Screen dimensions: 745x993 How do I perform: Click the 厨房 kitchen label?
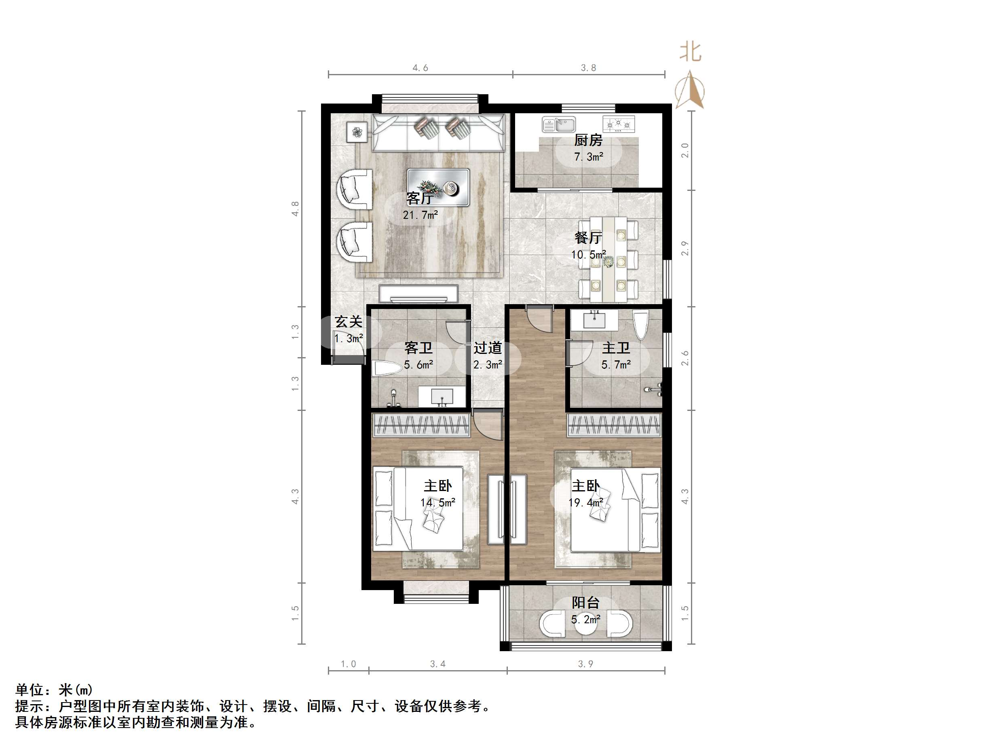588,141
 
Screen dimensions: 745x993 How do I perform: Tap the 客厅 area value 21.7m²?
420,215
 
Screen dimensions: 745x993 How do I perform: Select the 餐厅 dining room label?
588,237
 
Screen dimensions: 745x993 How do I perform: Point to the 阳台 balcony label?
585,603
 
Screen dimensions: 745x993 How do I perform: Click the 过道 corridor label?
488,348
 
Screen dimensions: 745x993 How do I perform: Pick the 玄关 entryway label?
349,322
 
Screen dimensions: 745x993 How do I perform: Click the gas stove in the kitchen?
619,123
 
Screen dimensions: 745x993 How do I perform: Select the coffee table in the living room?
438,187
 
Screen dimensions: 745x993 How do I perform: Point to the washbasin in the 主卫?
595,320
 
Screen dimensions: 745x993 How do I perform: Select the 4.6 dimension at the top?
420,68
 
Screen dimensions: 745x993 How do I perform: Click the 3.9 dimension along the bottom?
585,664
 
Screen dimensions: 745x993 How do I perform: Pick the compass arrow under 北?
690,92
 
